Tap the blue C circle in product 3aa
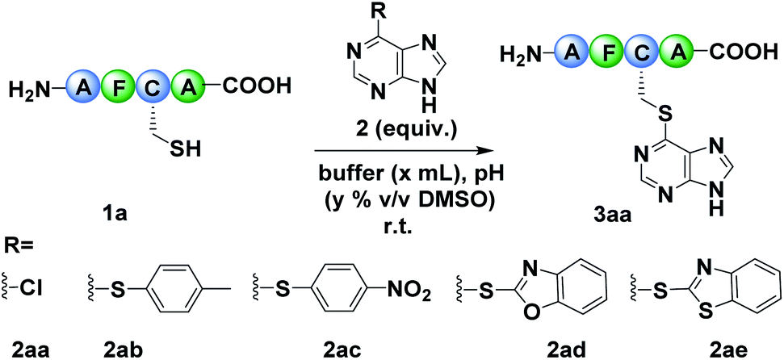click(636, 54)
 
